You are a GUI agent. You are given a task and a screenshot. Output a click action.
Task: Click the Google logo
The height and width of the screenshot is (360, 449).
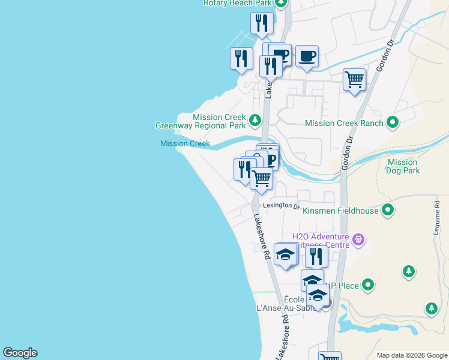tap(20, 353)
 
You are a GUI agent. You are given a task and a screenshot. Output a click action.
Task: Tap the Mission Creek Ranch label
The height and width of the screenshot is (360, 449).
tap(344, 123)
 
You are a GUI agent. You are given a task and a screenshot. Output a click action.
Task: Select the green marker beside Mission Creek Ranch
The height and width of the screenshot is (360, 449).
tap(393, 123)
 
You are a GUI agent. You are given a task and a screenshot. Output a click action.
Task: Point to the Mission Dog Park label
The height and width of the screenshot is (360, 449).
tap(403, 166)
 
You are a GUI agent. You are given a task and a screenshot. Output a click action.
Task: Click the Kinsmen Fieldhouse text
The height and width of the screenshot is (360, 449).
tap(340, 211)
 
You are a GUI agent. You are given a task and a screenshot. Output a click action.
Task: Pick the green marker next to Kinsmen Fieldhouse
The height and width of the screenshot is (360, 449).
tap(388, 210)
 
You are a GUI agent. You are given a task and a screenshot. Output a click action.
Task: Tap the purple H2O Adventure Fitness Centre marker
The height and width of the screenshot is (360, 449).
tap(359, 239)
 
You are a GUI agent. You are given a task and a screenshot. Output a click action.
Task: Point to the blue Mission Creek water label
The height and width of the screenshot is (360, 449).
tap(185, 143)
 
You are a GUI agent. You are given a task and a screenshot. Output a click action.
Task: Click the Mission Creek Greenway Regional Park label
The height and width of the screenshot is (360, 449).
tap(201, 122)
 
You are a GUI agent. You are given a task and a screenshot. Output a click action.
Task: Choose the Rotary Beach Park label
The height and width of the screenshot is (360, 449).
tap(238, 3)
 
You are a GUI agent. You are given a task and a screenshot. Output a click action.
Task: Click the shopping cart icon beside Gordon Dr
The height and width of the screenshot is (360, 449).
tap(354, 79)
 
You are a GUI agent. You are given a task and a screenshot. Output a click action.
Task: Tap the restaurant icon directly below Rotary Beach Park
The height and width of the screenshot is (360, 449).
tap(262, 23)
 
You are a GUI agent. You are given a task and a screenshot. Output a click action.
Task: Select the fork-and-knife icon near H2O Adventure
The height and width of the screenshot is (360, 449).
tap(316, 256)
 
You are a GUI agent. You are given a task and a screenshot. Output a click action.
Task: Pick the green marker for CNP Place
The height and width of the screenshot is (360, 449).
tap(368, 286)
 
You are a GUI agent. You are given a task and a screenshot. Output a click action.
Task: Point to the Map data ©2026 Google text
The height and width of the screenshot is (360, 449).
tap(412, 355)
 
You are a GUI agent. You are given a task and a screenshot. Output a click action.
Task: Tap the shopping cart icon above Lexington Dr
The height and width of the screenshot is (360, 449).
tap(261, 178)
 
